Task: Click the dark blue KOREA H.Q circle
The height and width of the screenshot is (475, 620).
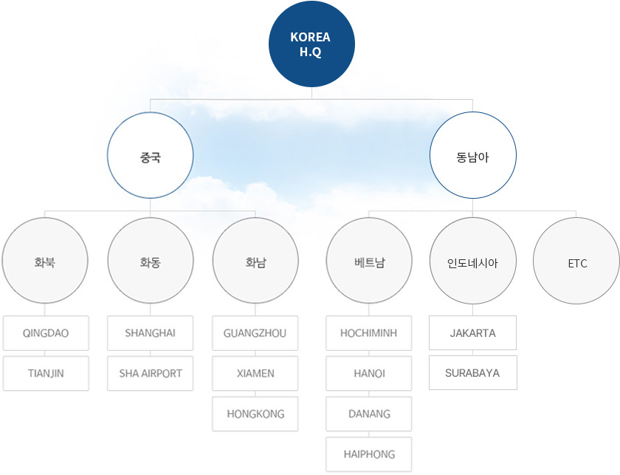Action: tap(311, 44)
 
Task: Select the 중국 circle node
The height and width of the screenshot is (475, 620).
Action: tap(151, 155)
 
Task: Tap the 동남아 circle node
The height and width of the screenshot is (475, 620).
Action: tap(473, 155)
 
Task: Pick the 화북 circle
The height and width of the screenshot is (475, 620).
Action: tap(45, 261)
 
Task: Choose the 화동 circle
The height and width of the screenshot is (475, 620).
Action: tap(151, 261)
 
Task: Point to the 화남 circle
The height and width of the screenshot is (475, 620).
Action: tap(255, 261)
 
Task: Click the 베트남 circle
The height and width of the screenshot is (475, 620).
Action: tap(369, 261)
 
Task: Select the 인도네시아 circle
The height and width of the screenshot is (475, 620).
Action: tap(473, 261)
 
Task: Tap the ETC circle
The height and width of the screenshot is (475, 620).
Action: tap(576, 261)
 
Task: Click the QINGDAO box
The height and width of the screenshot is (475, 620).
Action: tap(46, 333)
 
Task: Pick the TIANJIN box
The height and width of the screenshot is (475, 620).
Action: tap(46, 374)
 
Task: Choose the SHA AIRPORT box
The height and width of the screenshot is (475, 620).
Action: tap(151, 374)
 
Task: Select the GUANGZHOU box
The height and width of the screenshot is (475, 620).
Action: tap(255, 333)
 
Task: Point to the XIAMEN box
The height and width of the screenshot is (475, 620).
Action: tap(255, 374)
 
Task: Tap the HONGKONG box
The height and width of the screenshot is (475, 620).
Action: tap(255, 414)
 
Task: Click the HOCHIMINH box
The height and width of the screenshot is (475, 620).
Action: tap(369, 333)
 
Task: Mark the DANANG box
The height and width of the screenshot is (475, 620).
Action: tap(369, 414)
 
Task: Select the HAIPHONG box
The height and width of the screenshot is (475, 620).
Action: tap(369, 454)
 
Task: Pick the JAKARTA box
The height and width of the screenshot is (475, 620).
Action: tap(473, 333)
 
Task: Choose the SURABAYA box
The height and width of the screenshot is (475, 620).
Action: tap(473, 373)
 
